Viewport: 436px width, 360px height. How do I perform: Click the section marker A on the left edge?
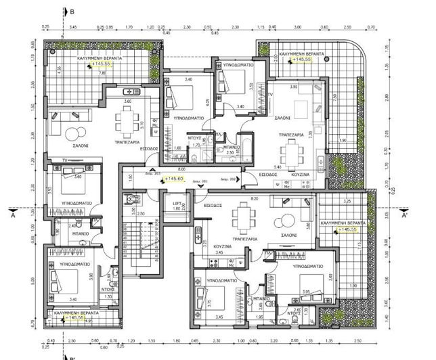[13, 217]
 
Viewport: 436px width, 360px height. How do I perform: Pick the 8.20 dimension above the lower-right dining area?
[254, 199]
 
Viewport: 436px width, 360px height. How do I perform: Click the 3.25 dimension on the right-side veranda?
[347, 202]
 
